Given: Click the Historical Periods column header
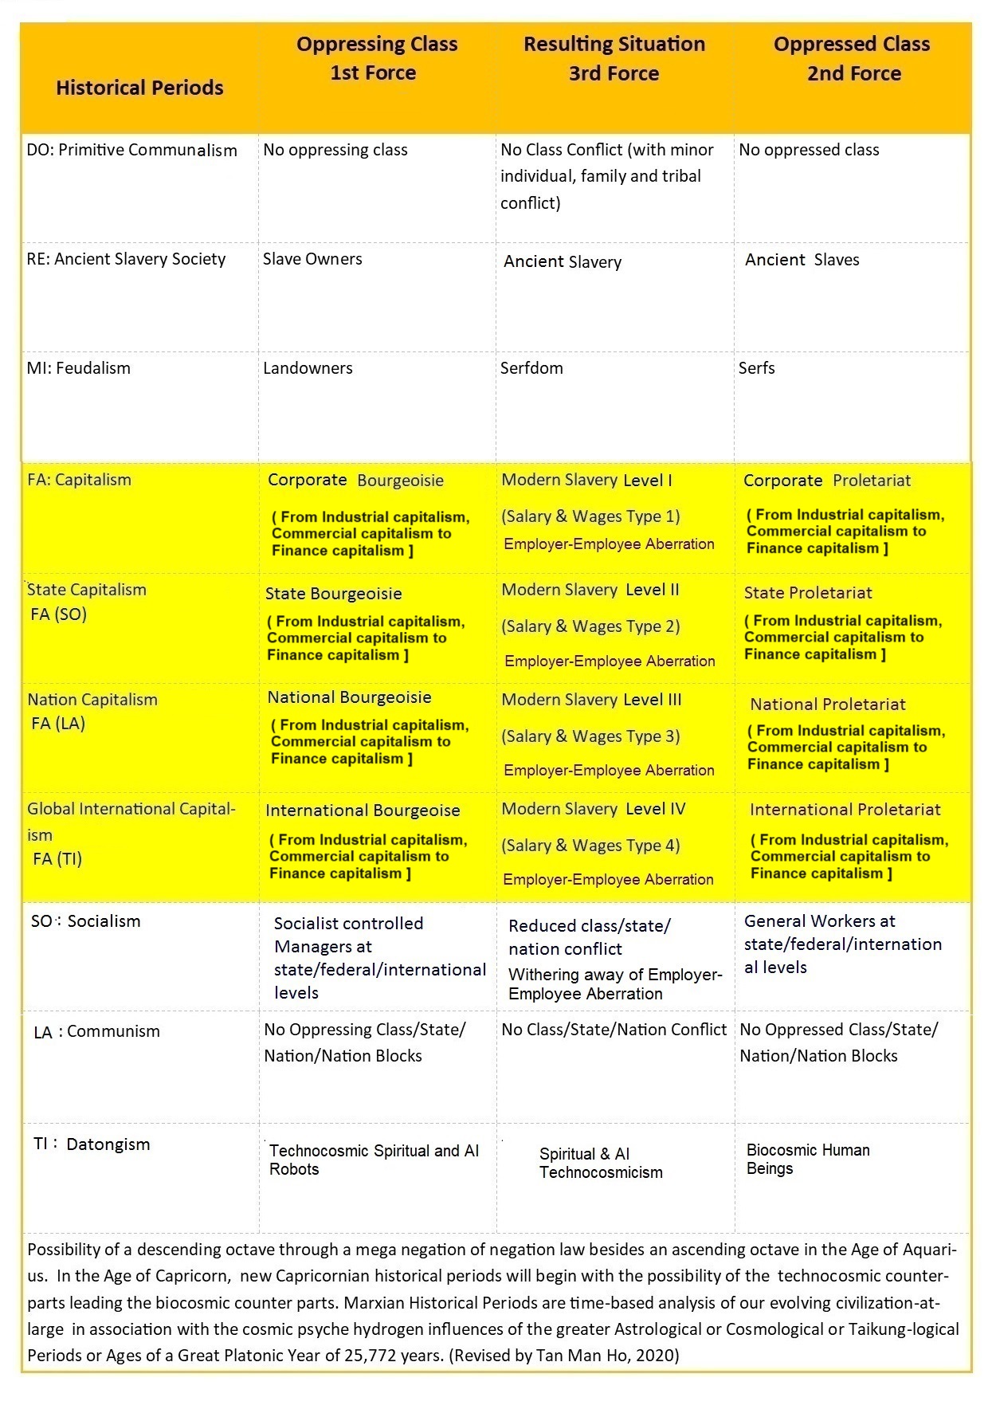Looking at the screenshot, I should (139, 88).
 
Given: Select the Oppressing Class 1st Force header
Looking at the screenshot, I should (376, 58).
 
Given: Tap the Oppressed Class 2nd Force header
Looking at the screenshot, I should (852, 58).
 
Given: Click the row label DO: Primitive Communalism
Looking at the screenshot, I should (131, 150).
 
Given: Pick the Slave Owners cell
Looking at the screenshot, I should (312, 259).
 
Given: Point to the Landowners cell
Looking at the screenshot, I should (308, 368).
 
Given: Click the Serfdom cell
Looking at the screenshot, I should (531, 368).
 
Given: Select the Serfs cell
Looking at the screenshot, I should (756, 368).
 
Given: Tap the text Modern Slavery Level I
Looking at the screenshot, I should (586, 480).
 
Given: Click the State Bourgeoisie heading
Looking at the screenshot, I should (333, 594).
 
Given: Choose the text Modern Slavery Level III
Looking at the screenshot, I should (591, 700).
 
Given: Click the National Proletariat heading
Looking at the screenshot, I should (828, 705).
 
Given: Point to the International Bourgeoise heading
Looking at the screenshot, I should (363, 811).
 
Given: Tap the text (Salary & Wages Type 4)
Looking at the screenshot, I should (590, 846).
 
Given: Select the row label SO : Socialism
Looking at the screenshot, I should (85, 921).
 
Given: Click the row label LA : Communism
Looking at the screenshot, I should (96, 1032).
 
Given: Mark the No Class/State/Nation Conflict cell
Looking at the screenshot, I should (614, 1030).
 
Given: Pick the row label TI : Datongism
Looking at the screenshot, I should (92, 1144).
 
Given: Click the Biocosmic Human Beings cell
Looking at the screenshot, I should (807, 1160).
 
